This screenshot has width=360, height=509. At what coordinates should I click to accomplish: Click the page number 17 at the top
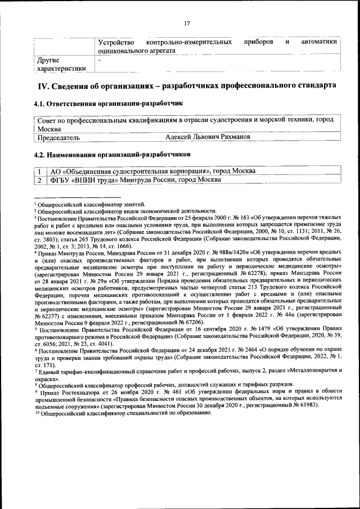coord(187,23)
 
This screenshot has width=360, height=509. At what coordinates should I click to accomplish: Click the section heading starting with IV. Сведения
coord(187,86)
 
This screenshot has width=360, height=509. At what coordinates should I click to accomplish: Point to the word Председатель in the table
coord(58,137)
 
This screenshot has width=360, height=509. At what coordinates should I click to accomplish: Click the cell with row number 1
coord(40,170)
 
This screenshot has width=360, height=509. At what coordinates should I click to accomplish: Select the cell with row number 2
coord(40,180)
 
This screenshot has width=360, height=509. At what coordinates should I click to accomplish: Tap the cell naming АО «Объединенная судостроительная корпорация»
coord(152,170)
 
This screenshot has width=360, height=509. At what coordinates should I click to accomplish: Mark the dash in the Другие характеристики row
coord(99,58)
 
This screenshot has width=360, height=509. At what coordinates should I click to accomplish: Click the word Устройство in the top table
coord(115,42)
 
